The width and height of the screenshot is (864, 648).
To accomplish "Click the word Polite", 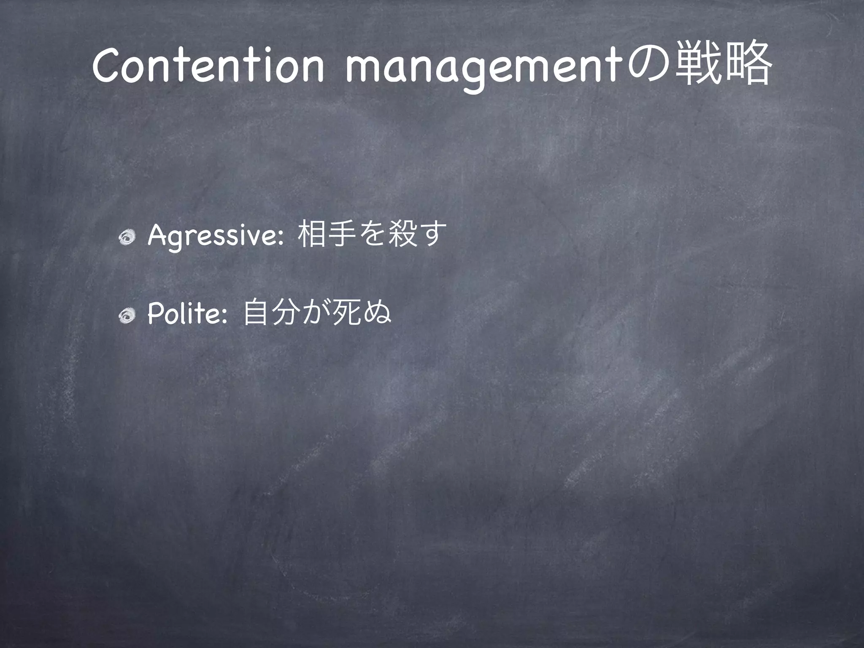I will coord(186,314).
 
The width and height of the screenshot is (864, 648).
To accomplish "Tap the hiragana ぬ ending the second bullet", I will coord(377,313).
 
